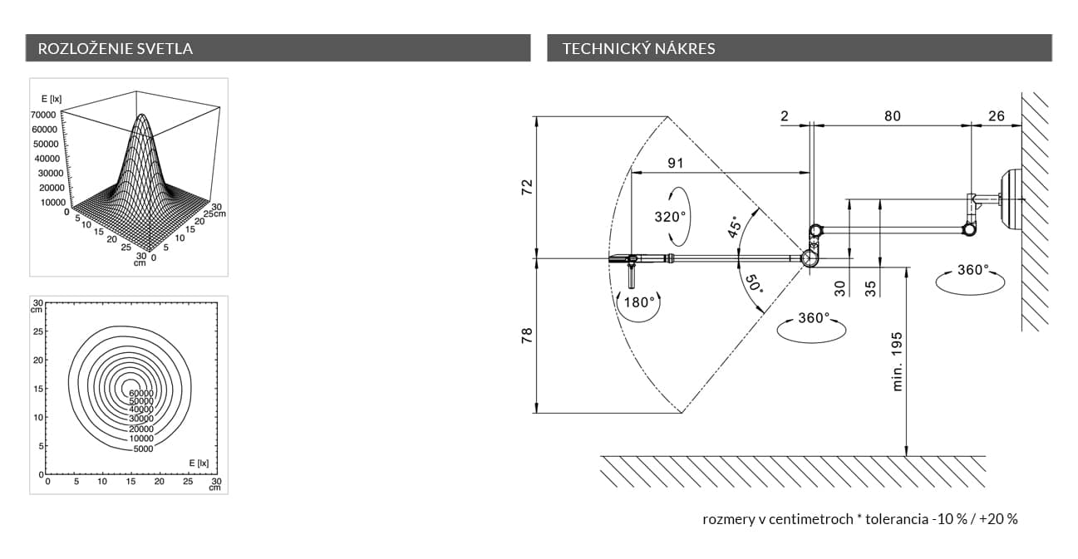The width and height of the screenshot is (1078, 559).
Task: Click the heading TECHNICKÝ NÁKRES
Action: pos(638,48)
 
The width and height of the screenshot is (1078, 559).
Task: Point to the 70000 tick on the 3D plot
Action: pos(43,115)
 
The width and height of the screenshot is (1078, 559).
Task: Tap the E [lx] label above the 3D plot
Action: pos(52,99)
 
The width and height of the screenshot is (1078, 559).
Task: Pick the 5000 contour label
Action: pos(143,449)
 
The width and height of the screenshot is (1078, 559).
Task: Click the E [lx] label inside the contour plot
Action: pos(198,463)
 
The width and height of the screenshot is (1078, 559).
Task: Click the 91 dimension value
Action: pos(676,163)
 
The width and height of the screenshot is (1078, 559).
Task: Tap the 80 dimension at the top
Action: pos(892,116)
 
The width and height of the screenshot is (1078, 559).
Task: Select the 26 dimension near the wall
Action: pos(996,116)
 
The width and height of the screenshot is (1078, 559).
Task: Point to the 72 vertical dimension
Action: pos(525,186)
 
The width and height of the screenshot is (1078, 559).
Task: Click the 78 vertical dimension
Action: pos(525,336)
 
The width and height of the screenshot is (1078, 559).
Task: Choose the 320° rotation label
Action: pos(670,217)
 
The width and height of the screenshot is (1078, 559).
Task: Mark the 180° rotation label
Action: pos(639,302)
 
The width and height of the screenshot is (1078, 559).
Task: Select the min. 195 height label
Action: pos(898,362)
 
